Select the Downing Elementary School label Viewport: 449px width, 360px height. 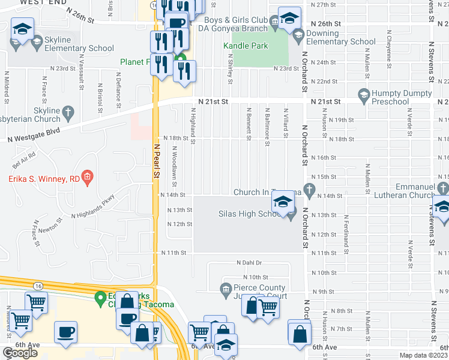click(x=341, y=38)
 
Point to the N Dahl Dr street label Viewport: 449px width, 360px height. click(x=250, y=263)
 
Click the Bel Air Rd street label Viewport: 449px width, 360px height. click(x=25, y=158)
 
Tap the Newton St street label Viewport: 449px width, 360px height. click(x=50, y=226)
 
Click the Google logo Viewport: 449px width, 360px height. click(x=20, y=352)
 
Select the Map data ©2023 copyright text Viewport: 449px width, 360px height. click(x=423, y=355)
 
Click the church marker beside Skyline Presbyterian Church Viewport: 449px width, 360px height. click(x=68, y=112)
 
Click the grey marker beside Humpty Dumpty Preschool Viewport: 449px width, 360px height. click(x=363, y=95)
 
